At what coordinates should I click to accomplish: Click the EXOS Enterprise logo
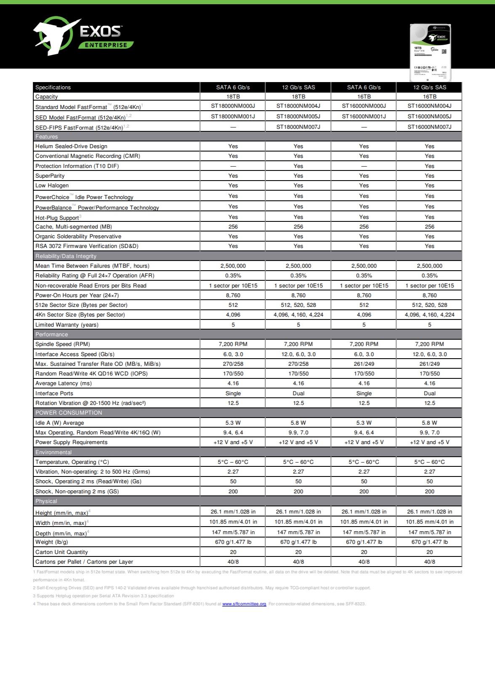point(83,36)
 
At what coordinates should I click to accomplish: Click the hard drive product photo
point(430,53)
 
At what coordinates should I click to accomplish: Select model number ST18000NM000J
point(233,106)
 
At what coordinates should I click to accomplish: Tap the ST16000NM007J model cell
point(429,127)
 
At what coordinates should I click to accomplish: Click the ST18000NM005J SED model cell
point(298,116)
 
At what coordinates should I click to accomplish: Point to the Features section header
point(47,137)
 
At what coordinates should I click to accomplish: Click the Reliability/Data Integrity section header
point(66,256)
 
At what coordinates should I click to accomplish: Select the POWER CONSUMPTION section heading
point(69,413)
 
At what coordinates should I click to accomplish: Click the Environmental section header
point(53,452)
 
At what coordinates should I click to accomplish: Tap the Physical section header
point(46,501)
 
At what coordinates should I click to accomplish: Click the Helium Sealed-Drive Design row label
point(71,146)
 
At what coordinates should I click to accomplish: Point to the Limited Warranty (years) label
point(67,325)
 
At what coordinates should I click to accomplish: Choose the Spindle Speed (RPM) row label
point(62,344)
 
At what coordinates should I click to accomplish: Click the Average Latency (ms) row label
point(63,383)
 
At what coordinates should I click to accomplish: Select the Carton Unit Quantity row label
point(61,552)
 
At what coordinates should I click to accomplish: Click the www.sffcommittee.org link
point(244,604)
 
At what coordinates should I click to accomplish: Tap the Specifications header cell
point(53,87)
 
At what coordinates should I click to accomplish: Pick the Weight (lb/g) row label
point(51,542)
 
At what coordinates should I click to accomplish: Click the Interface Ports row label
point(54,393)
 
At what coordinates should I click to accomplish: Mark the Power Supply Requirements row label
point(71,442)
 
